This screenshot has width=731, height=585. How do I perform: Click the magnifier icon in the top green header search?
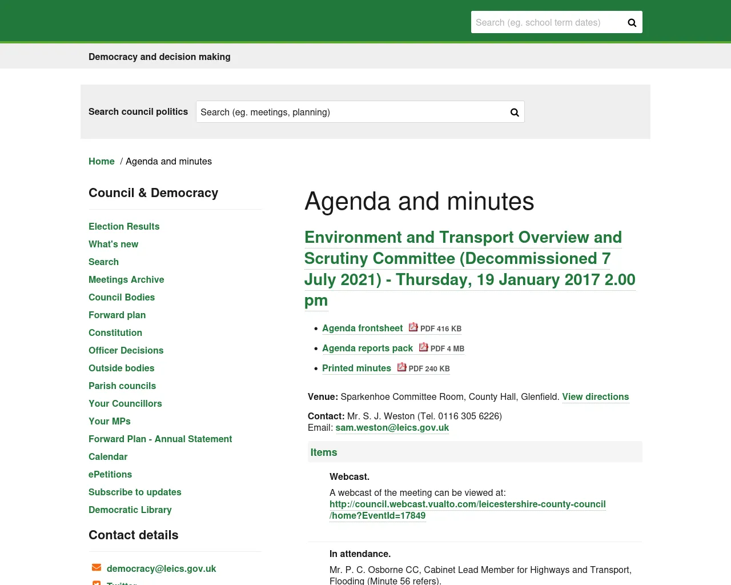(632, 23)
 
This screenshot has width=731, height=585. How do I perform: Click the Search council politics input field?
(351, 112)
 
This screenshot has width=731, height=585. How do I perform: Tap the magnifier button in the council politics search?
(515, 113)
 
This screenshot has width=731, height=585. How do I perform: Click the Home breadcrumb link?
(102, 162)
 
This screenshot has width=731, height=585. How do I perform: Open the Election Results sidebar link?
(124, 227)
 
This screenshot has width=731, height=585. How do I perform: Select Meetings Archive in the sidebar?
(126, 280)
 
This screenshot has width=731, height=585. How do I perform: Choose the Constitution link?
(115, 333)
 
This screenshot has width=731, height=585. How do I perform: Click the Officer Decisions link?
(126, 351)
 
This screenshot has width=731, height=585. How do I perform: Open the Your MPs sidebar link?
(110, 422)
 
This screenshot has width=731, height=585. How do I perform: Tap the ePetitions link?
(110, 475)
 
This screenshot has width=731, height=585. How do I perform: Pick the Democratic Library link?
(130, 510)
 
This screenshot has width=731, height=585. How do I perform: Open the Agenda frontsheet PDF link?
(363, 328)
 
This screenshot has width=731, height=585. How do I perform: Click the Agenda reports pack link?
(367, 348)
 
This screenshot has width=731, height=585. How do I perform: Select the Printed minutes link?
(356, 368)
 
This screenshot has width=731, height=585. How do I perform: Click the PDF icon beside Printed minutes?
(402, 367)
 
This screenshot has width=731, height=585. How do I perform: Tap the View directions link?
(595, 397)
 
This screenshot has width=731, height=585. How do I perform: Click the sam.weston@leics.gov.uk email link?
(392, 428)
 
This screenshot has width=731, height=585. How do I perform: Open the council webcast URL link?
(467, 504)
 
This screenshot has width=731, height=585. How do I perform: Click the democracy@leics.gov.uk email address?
(161, 569)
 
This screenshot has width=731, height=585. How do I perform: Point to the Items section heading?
(324, 452)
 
